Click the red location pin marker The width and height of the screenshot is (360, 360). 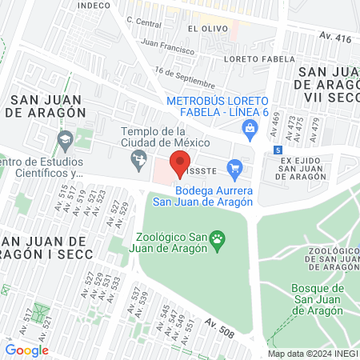181,161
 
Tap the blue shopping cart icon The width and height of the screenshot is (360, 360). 234,168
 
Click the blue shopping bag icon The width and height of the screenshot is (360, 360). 250,127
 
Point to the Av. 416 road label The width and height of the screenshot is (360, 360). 334,37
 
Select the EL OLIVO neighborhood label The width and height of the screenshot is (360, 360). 203,28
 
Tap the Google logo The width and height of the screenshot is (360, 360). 26,350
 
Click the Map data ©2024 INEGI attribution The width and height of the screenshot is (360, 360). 312,354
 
